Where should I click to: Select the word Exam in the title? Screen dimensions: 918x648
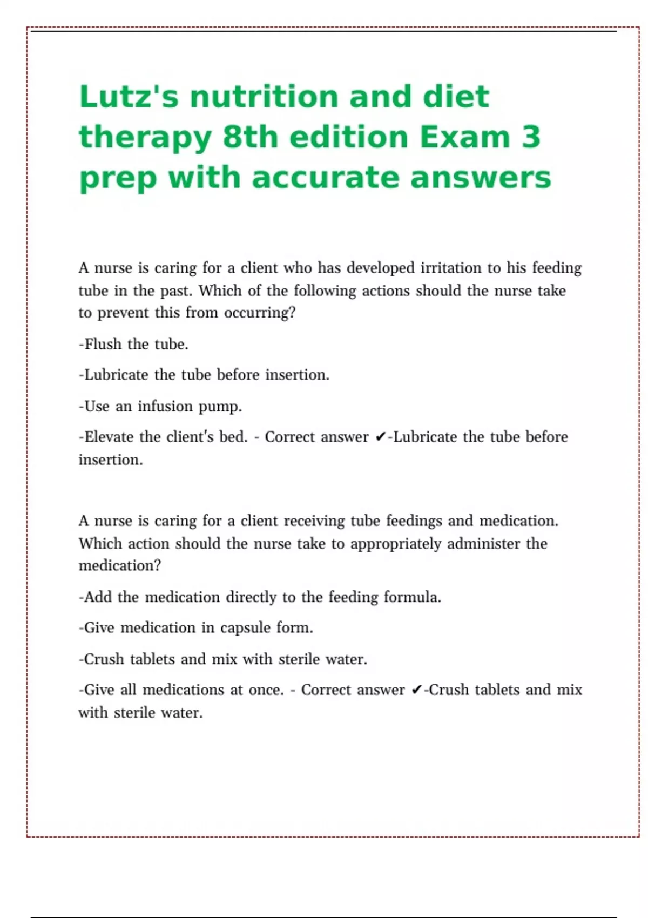click(x=464, y=137)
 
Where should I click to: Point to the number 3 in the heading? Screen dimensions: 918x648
click(x=531, y=137)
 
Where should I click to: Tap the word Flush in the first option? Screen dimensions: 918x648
click(x=103, y=344)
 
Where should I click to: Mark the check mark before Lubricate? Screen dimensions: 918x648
click(x=380, y=437)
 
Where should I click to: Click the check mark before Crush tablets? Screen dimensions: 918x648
click(x=416, y=690)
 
